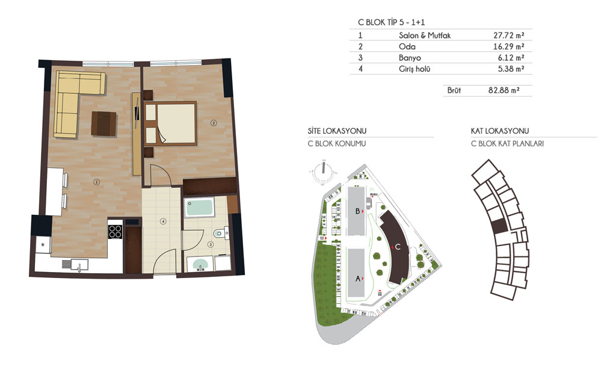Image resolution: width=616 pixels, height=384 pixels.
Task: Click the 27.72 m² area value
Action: click(509, 36)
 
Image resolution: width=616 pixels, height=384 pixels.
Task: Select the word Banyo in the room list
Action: click(410, 58)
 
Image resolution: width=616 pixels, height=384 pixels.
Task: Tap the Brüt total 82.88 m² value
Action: click(504, 90)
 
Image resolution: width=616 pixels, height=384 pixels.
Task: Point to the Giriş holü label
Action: click(414, 69)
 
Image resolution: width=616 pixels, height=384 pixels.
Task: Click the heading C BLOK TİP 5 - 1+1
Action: click(391, 22)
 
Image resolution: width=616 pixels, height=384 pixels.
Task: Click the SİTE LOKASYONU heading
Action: click(337, 131)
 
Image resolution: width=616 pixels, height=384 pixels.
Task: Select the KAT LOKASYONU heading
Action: click(500, 131)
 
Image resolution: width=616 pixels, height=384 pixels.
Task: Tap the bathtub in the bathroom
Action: click(199, 207)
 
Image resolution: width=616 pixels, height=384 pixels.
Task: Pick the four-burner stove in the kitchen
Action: click(115, 232)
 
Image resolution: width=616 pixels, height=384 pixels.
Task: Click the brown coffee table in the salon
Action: click(103, 123)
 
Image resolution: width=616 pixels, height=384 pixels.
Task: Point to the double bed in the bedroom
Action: click(170, 123)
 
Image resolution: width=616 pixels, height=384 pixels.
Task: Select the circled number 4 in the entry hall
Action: click(163, 221)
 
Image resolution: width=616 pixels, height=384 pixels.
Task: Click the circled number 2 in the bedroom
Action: click(214, 123)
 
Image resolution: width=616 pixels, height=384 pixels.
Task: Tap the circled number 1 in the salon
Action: click(96, 182)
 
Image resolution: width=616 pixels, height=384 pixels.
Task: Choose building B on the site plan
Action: click(356, 211)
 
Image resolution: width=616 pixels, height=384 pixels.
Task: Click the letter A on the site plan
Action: click(358, 278)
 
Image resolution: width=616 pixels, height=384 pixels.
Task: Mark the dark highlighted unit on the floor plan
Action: click(499, 226)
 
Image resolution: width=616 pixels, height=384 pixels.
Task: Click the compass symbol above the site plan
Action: click(323, 172)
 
